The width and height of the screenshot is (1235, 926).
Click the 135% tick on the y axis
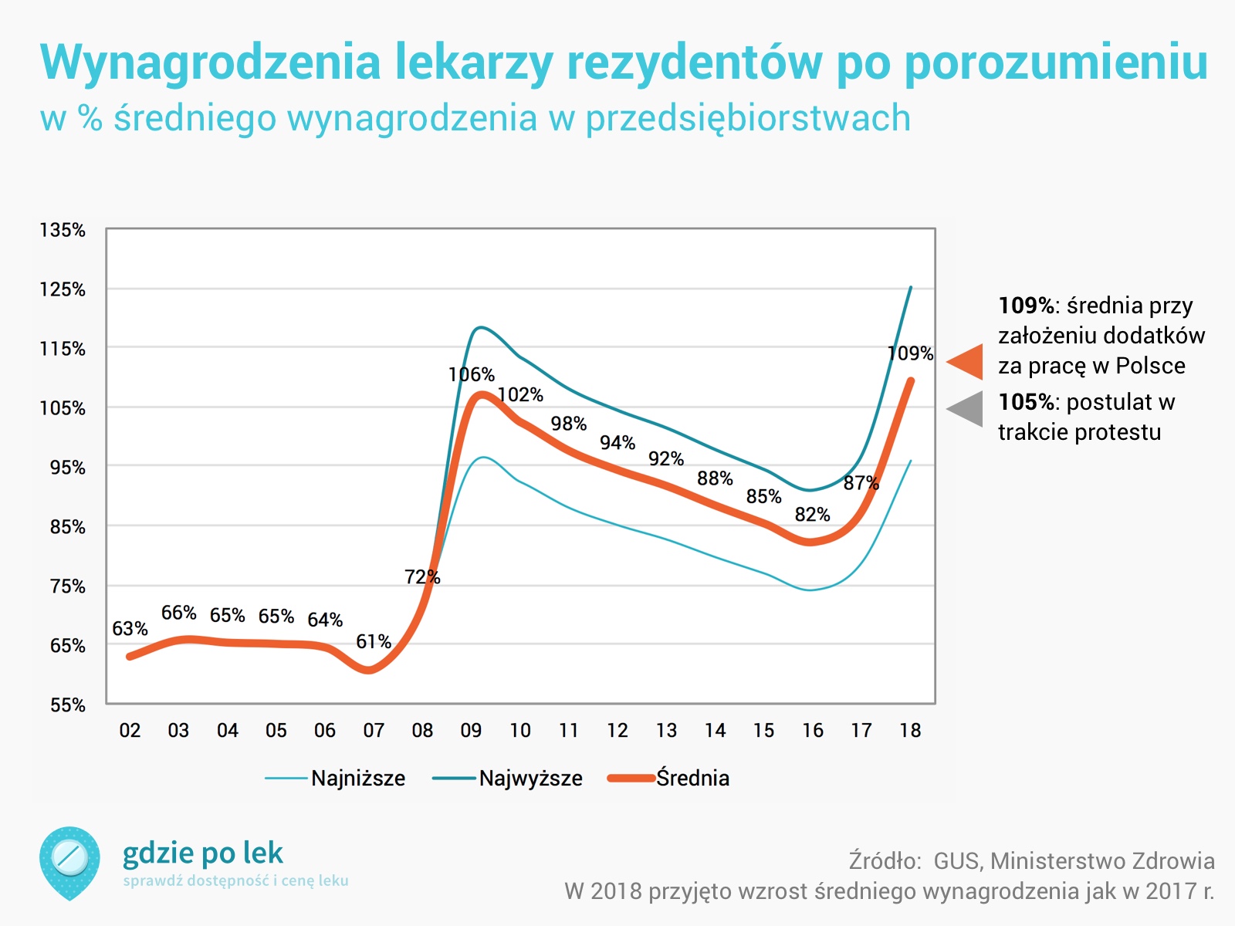click(63, 230)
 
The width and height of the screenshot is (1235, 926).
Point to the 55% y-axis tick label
click(67, 705)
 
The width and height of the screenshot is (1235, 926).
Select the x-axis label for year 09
click(471, 730)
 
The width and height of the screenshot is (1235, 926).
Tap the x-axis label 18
click(910, 730)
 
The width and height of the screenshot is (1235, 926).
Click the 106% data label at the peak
click(471, 375)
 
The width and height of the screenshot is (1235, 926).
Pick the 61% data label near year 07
click(373, 642)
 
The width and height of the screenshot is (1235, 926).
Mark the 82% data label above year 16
click(812, 515)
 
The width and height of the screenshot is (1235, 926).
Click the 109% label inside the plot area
click(910, 353)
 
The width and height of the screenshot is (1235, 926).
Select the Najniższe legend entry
click(357, 778)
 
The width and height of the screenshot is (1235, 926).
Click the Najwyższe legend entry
click(530, 778)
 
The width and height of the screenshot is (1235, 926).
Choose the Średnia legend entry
click(692, 778)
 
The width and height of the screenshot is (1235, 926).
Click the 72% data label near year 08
click(421, 577)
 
